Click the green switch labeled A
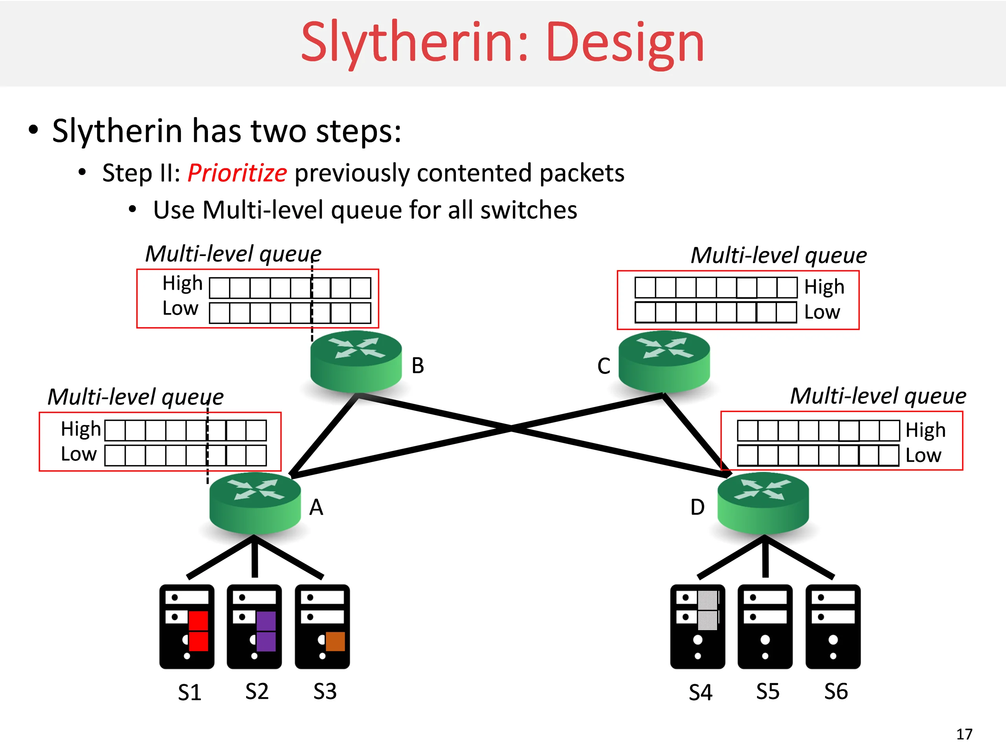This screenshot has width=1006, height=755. click(x=255, y=503)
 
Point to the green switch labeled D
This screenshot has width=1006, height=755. click(x=763, y=503)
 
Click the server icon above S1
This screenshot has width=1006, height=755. click(x=187, y=627)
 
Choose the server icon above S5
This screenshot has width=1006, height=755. click(x=765, y=627)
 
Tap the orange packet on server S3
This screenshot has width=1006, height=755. click(x=335, y=641)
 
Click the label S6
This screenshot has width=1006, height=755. click(x=836, y=691)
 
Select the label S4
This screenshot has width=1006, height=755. click(x=700, y=692)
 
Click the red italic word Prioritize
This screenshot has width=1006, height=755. click(x=237, y=173)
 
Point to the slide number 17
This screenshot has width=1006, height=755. click(x=964, y=734)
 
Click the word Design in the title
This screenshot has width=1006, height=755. click(x=625, y=43)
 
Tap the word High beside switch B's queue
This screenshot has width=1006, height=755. click(x=182, y=284)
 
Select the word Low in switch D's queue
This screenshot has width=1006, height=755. click(x=923, y=455)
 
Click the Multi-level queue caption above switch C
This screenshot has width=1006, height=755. click(x=778, y=255)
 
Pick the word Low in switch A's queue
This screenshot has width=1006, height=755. click(x=79, y=454)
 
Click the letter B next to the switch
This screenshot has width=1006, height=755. click(x=417, y=365)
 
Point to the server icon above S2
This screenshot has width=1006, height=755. click(x=254, y=627)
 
